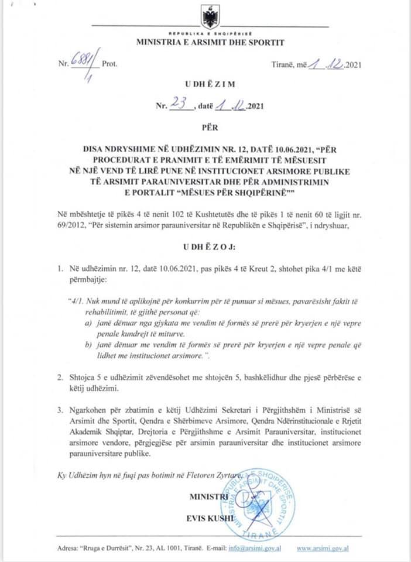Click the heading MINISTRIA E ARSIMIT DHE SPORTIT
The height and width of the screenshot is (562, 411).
tap(210, 43)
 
